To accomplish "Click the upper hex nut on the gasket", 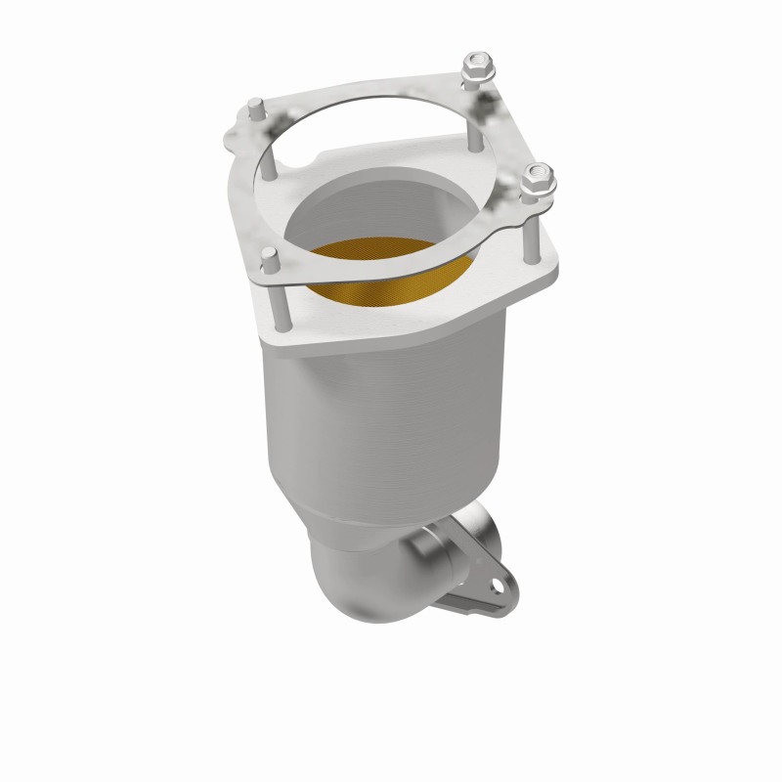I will pos(478,67).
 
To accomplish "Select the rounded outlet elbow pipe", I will pos(362,583).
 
